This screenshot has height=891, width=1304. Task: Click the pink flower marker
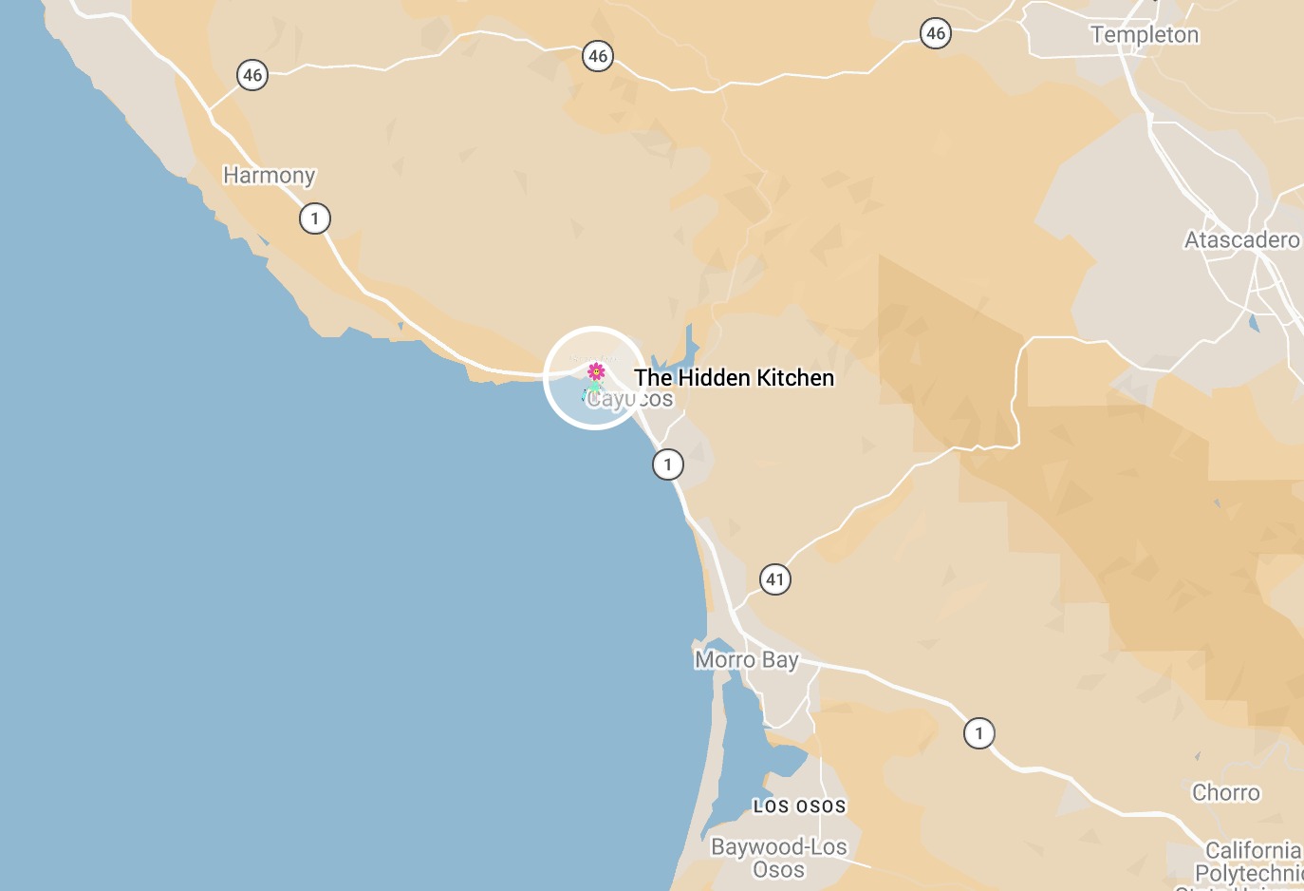(596, 371)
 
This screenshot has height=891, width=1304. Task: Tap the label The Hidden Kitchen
(734, 378)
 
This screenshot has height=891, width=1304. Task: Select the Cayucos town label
(630, 400)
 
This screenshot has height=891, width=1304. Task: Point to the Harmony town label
(269, 176)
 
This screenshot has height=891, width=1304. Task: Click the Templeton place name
(1145, 35)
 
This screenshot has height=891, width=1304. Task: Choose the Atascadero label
(1241, 240)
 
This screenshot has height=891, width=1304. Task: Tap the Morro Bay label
(747, 660)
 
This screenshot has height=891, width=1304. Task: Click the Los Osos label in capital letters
(799, 806)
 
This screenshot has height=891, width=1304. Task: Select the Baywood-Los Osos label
(779, 858)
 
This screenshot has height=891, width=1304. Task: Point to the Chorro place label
(1226, 793)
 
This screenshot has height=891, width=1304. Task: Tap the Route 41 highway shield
(775, 579)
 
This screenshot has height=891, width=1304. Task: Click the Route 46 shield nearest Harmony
(252, 75)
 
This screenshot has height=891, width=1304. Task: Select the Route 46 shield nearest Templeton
(936, 34)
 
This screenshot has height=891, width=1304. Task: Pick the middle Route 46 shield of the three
(598, 56)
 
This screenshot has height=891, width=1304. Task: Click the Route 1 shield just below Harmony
(315, 219)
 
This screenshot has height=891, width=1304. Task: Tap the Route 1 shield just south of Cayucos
(668, 464)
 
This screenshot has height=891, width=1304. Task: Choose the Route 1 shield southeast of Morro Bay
(979, 733)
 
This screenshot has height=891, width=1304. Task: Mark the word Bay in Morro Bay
(780, 660)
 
